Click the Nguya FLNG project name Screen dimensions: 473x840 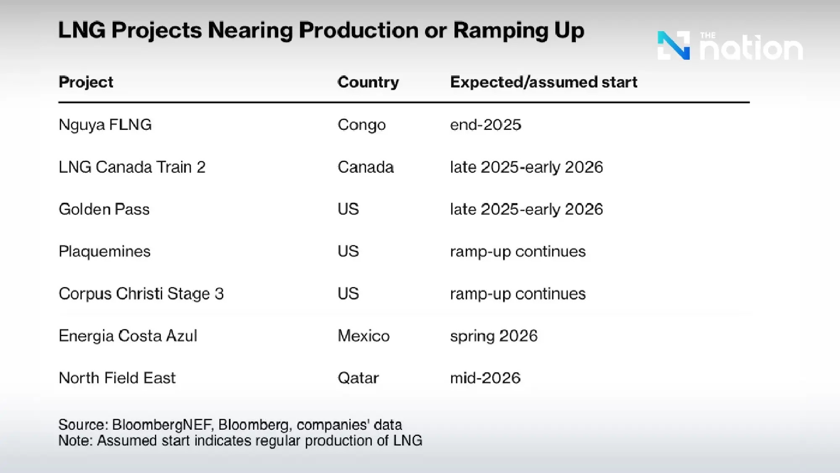[x=105, y=125]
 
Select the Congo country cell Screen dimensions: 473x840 [x=361, y=125]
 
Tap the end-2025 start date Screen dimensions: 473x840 [x=485, y=125]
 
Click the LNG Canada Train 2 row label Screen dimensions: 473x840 [x=132, y=167]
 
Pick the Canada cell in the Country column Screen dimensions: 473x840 [x=365, y=167]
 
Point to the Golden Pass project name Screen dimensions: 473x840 [x=104, y=209]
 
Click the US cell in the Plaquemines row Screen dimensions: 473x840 [x=348, y=251]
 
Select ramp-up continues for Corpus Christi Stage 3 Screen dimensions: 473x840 [x=517, y=293]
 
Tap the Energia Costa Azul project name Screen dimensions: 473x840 [x=128, y=336]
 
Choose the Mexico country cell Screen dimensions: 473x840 [x=363, y=336]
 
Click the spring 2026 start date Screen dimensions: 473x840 [x=493, y=336]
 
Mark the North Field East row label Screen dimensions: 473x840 [x=117, y=378]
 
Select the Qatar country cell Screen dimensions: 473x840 [x=358, y=378]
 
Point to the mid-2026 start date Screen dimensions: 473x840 [x=485, y=378]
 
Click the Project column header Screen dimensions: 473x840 [x=86, y=82]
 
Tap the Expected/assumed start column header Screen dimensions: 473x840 [x=543, y=82]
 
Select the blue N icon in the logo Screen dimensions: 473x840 [x=673, y=45]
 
